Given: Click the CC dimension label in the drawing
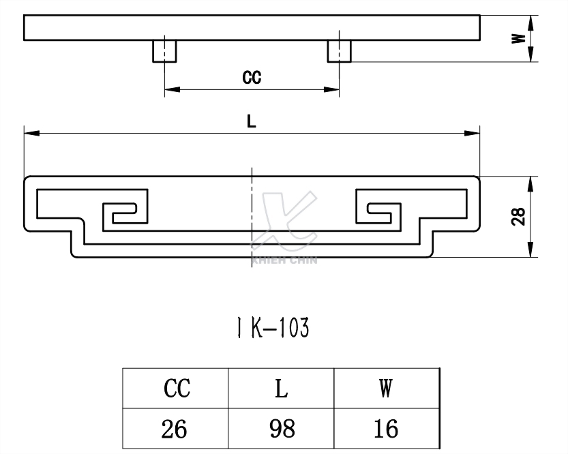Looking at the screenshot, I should point(252,77).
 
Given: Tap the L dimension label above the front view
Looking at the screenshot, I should point(252,121).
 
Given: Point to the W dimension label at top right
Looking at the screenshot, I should point(519,38).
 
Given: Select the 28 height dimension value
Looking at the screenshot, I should point(519,217).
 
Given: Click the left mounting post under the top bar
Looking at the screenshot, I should point(164,51).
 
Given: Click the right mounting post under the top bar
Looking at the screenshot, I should point(340,51).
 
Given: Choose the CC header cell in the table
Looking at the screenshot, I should point(176,389).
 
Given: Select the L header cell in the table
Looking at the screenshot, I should point(281,389).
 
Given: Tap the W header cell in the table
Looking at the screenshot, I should point(385,389).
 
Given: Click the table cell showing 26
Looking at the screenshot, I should point(176,429).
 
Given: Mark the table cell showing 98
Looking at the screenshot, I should point(281,429).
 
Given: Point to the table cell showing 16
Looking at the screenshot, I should point(385,429).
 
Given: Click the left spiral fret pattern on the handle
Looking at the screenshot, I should point(124,213).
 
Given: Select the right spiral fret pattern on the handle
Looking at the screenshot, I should point(379,213).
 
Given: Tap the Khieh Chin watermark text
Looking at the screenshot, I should point(284,259).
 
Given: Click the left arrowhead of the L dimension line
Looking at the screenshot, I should point(29,134).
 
